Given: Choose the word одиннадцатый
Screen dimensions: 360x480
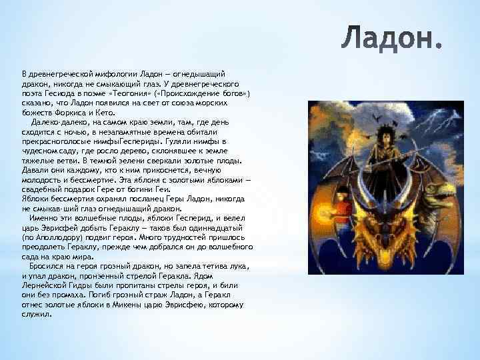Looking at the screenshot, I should point(221,227).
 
